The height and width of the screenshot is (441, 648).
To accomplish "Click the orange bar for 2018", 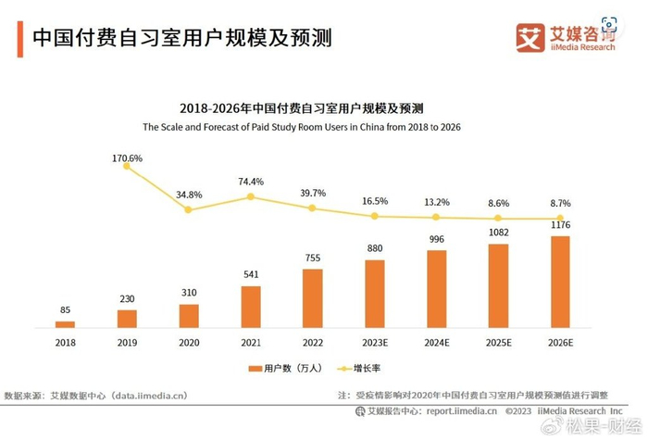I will (x=65, y=324).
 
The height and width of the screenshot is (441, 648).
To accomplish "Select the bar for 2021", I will (x=251, y=307).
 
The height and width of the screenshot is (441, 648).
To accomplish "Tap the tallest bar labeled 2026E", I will (x=560, y=282).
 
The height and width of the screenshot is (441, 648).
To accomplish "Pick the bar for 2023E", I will (x=375, y=294).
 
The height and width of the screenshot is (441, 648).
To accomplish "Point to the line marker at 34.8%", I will (x=189, y=209).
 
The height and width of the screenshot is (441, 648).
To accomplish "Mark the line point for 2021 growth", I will (x=251, y=196).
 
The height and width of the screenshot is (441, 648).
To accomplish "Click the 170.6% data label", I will (x=127, y=158).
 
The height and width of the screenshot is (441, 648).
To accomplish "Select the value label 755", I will (x=313, y=258).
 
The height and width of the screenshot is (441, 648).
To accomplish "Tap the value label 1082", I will (x=498, y=233).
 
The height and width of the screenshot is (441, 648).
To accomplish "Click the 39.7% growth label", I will (x=313, y=193).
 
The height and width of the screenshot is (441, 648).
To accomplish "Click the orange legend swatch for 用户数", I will (x=253, y=369).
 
